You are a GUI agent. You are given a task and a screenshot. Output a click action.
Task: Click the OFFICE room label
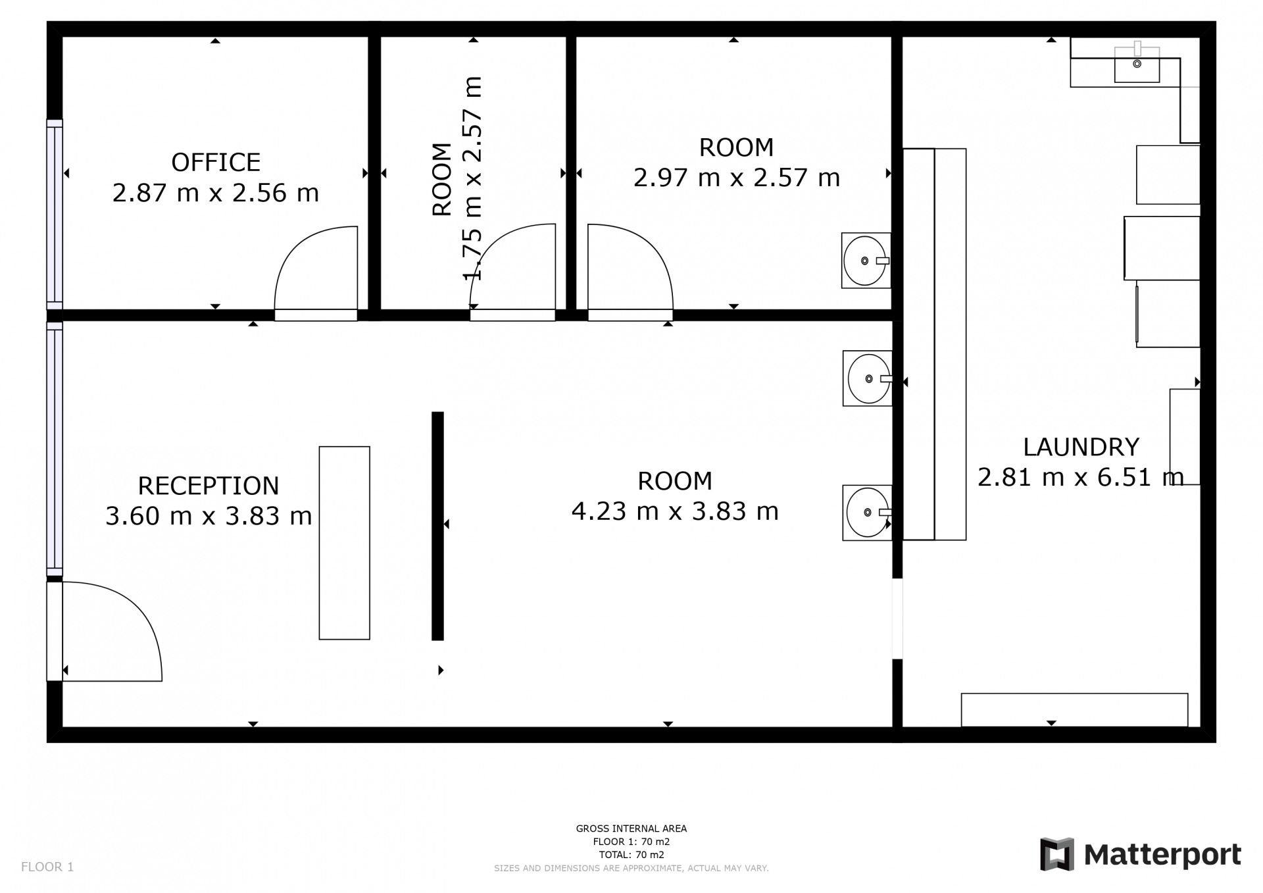click(216, 162)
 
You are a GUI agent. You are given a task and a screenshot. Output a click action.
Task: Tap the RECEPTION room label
click(209, 486)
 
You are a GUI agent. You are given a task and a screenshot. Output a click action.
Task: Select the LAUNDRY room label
click(1081, 447)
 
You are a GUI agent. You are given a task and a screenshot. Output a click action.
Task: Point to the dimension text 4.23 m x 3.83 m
click(675, 511)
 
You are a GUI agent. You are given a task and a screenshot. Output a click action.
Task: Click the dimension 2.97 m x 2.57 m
click(737, 178)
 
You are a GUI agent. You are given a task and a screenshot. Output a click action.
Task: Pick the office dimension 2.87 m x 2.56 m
click(216, 193)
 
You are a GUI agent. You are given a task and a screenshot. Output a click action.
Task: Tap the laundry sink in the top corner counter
click(1137, 64)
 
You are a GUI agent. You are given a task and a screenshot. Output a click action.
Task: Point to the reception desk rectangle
click(344, 543)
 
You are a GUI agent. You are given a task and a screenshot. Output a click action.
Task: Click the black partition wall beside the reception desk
click(437, 526)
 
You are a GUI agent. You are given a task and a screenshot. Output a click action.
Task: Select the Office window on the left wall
click(55, 214)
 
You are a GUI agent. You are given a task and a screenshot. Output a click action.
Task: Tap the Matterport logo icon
click(1056, 854)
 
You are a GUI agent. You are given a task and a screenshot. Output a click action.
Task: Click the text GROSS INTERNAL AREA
click(631, 829)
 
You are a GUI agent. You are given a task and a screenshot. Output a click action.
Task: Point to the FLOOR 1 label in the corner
click(47, 867)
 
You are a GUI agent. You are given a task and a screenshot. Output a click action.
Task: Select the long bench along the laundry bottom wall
click(1074, 710)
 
